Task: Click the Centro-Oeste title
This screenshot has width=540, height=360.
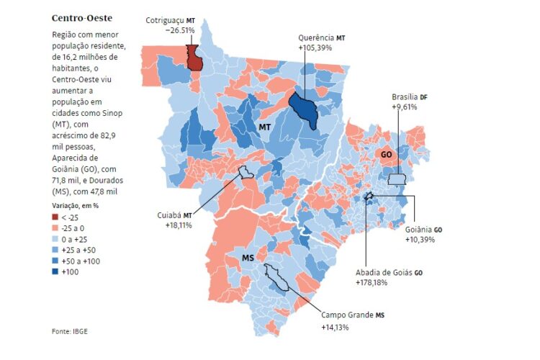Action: pos(81,17)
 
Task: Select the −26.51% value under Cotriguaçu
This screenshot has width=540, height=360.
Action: pos(179,30)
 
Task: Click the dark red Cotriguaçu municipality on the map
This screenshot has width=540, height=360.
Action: pos(194,58)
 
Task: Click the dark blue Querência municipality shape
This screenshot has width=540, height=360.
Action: pos(305,110)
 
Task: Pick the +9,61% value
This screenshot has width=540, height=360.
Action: pos(404,107)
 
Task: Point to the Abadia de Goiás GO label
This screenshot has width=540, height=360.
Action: pos(390,273)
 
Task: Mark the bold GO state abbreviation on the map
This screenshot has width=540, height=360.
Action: pos(386,154)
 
